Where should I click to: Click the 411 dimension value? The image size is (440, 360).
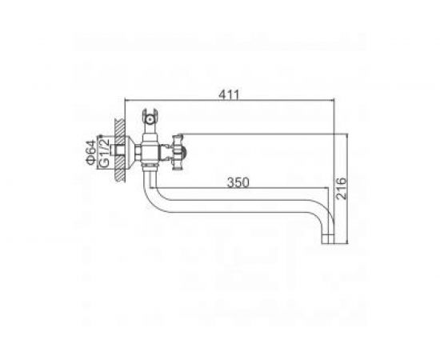[x=229, y=94]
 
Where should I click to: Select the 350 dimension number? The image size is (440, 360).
[x=238, y=182]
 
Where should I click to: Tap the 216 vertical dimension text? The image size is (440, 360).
[x=342, y=188]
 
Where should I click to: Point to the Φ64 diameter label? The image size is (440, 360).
[x=91, y=152]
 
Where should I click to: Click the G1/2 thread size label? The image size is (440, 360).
[x=104, y=152]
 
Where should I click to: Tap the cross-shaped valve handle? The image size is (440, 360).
[x=178, y=152]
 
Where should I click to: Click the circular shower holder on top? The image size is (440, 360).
[x=150, y=120]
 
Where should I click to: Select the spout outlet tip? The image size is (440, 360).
[x=328, y=239]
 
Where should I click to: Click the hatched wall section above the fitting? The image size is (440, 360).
[x=119, y=128]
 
